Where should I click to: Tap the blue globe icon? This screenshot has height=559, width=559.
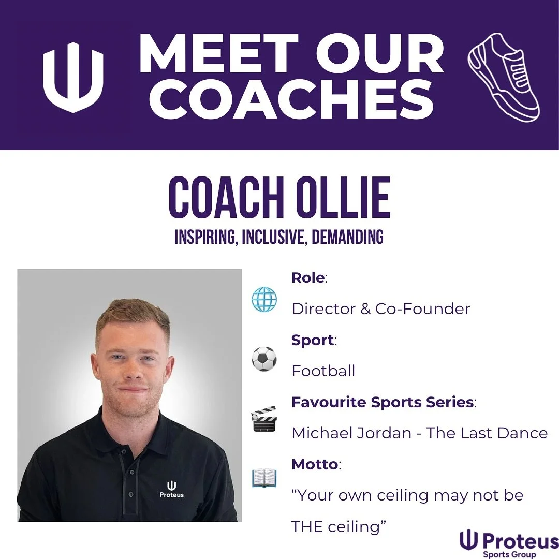tap(264, 299)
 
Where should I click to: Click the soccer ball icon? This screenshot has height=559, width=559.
tap(264, 359)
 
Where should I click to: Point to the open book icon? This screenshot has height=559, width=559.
tap(264, 478)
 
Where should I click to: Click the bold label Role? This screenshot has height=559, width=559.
tap(308, 278)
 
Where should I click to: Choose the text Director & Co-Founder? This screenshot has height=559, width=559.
tap(380, 309)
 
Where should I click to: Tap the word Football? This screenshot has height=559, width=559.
tap(323, 371)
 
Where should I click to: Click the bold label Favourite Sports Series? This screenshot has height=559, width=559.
tap(383, 402)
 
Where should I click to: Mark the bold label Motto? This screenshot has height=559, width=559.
tap(315, 464)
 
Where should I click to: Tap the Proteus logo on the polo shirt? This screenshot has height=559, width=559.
tap(171, 489)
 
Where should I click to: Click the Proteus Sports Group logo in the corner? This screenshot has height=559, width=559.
tap(509, 543)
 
